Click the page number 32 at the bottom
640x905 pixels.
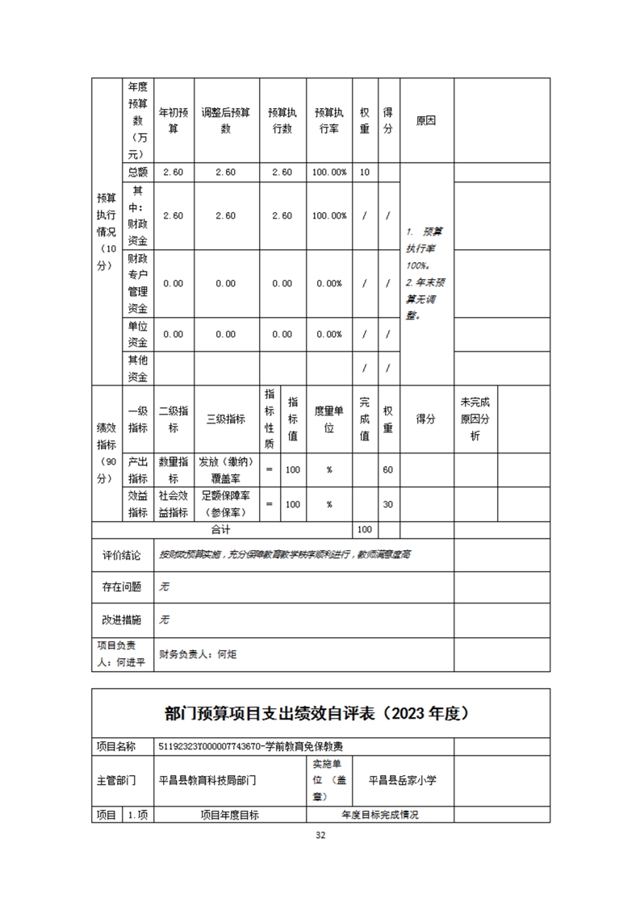(320, 835)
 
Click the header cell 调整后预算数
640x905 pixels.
(226, 120)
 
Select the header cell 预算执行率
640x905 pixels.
(329, 120)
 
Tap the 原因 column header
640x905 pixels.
(425, 120)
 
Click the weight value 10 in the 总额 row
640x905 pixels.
(365, 172)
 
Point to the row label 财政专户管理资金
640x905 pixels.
(138, 283)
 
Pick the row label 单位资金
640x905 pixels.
(138, 334)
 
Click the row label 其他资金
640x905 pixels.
(138, 368)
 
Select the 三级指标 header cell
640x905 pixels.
(226, 419)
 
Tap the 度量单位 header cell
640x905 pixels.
(329, 419)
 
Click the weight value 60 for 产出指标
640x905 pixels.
(387, 469)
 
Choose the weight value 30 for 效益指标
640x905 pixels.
(387, 504)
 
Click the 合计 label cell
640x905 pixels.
(220, 529)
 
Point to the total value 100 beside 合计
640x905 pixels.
(365, 529)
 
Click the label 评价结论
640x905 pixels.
(122, 555)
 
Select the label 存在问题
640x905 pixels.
(122, 587)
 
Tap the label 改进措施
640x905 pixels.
(122, 619)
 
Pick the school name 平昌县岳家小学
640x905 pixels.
(402, 780)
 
